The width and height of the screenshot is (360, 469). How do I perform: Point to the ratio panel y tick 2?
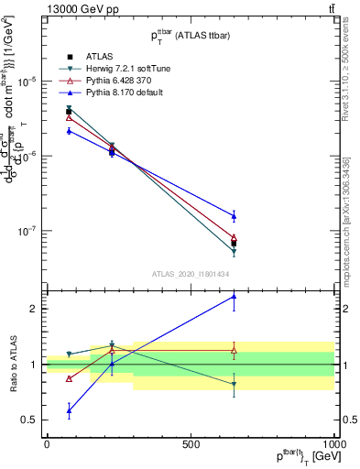31,309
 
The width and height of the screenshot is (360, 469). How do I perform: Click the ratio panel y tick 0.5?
27,420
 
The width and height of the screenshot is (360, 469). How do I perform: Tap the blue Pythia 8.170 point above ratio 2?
234,296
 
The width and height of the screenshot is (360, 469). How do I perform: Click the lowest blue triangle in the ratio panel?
70,410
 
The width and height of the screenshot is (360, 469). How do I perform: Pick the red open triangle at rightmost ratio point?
234,350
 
